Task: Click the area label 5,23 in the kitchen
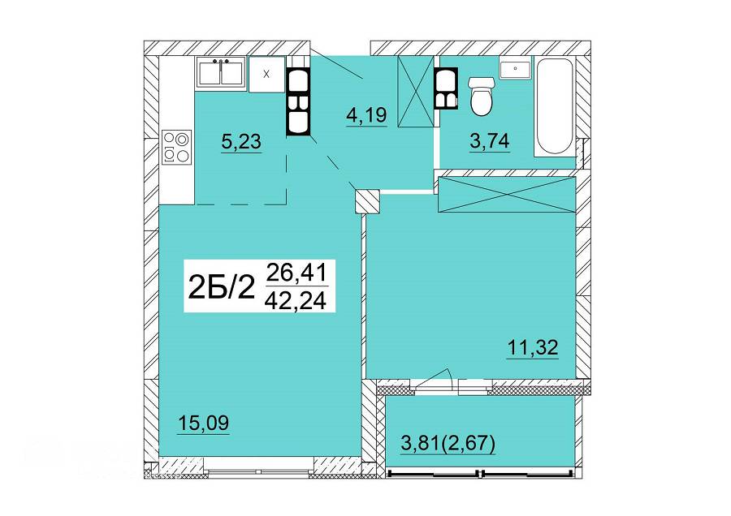point(241,141)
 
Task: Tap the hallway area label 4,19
point(367,114)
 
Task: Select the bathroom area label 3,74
point(490,140)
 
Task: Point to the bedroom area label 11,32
point(533,347)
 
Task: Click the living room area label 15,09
point(203,424)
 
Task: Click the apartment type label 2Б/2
point(222,286)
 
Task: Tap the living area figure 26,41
point(296,273)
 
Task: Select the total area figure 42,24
point(296,300)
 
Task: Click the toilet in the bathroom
point(482,97)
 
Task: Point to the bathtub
point(553,106)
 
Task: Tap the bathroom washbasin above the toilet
point(515,68)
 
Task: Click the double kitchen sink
point(221,71)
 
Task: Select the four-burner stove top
point(177,147)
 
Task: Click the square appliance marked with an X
point(266,75)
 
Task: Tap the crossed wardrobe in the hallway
point(416,91)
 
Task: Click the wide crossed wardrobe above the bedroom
point(507,194)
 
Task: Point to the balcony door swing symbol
point(435,378)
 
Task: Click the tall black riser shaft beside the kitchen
point(298,103)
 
